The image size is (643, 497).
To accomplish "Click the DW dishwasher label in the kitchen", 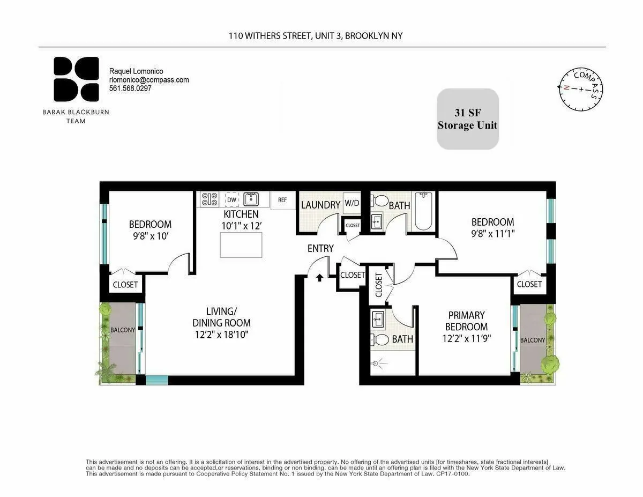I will point(231,199).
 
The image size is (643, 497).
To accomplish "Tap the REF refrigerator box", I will point(282,200).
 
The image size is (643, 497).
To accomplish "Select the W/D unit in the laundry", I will point(352,203).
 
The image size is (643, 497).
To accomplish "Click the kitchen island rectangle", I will point(241,246).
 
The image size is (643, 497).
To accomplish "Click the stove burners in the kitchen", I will point(209,199).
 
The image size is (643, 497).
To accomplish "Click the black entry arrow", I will point(320,277).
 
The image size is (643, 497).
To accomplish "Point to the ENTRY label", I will point(320,249).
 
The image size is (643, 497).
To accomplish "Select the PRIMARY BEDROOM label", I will point(466,321).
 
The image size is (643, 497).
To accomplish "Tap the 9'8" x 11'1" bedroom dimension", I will point(492,234).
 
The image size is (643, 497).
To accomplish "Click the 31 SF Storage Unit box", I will point(468,119).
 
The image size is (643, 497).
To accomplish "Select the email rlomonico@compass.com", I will point(149,80).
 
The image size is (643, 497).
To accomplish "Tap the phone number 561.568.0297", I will point(130,88).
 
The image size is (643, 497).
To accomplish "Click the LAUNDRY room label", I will point(320,205).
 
